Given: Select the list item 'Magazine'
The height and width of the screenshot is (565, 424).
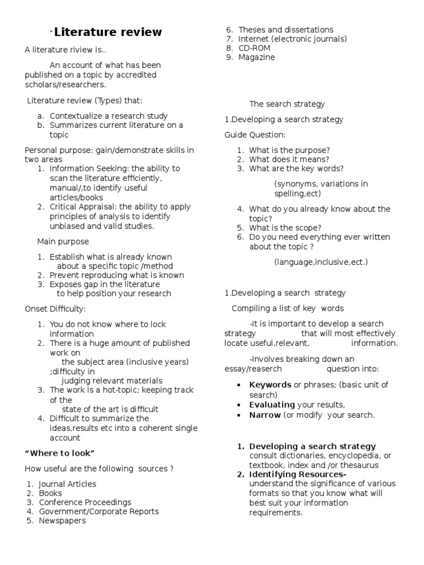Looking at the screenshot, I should (x=256, y=57).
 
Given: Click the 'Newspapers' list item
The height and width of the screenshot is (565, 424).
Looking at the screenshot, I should (x=62, y=520).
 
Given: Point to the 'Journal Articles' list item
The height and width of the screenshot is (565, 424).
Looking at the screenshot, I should (x=67, y=484).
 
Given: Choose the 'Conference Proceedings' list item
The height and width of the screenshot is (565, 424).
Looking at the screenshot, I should (x=85, y=502).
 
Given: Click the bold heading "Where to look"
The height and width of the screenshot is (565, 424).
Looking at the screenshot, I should (x=60, y=453).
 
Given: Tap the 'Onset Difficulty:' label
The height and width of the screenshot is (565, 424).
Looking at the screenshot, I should (x=55, y=308).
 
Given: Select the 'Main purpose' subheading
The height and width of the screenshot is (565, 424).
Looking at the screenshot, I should (x=63, y=242).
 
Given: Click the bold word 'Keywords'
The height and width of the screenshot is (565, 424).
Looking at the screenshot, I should (x=270, y=385).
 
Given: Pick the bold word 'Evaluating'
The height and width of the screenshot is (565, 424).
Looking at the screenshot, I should (x=272, y=404).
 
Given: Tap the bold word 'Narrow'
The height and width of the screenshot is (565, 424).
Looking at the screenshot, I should (x=265, y=415).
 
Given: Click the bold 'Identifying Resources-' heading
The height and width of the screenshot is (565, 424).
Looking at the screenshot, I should (x=298, y=475).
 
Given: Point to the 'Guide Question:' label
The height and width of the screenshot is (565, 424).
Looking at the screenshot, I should (x=255, y=135).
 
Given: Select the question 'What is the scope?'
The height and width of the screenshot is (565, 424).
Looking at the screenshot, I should (x=285, y=227).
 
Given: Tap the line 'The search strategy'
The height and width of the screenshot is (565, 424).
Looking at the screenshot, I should (x=287, y=104).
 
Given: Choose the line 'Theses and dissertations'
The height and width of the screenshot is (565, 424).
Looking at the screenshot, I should (x=285, y=30).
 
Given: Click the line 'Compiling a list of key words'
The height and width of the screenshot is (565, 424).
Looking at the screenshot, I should (x=288, y=308).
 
